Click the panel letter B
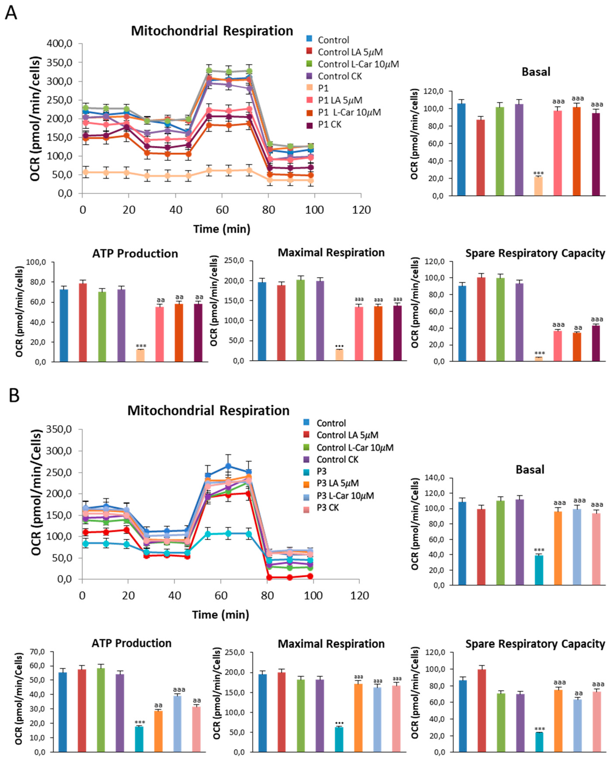coord(14,395)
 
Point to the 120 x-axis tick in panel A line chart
coord(361,210)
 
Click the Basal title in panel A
coord(536,72)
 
